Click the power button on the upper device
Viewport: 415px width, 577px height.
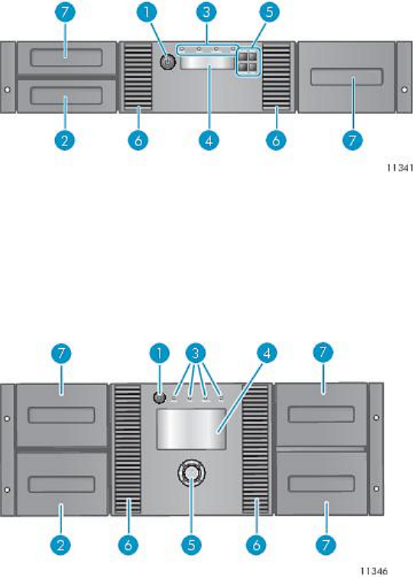[x=168, y=62]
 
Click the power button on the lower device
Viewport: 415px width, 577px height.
[x=158, y=398]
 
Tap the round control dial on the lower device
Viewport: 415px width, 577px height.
[x=191, y=473]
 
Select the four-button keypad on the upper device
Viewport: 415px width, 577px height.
[x=248, y=62]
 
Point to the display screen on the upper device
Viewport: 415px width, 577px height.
[x=207, y=62]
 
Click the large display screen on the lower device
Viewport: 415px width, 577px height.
[x=191, y=429]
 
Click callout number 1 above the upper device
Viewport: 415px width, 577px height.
[x=147, y=11]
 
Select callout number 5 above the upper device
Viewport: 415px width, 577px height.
[x=270, y=11]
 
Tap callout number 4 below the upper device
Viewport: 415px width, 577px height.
[x=209, y=140]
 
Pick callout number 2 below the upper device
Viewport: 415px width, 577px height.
[x=65, y=140]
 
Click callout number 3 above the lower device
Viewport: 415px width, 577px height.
[x=196, y=354]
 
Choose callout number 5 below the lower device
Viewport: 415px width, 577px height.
[x=192, y=545]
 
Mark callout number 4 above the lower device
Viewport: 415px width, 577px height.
[x=267, y=354]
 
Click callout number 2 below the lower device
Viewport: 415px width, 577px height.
[x=60, y=545]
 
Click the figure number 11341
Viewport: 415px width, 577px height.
[x=400, y=168]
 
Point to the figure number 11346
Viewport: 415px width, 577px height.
[x=374, y=571]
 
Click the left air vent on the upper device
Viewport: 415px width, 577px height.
[x=138, y=77]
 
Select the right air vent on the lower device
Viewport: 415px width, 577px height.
[x=255, y=449]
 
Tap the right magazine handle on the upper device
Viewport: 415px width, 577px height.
[x=347, y=77]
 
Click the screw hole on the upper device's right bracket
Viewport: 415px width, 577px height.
[x=404, y=90]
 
